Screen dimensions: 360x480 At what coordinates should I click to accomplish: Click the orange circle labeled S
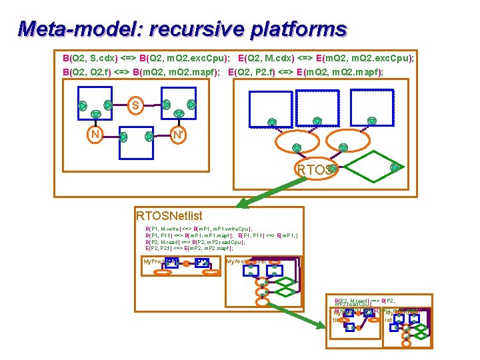pos(136,105)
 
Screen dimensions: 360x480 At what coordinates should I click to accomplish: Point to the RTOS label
pos(312,170)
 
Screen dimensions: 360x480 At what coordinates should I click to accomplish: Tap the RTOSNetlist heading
pos(169,215)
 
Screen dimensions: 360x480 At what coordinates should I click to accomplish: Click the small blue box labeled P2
pos(203,262)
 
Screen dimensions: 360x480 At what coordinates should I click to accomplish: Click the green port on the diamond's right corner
pos(395,167)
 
